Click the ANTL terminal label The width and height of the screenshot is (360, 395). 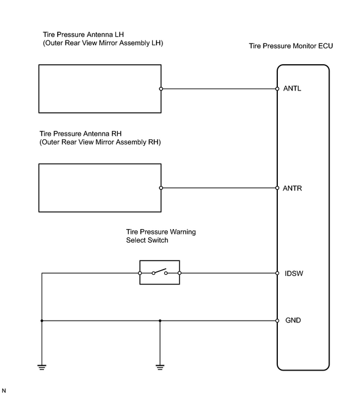[x=292, y=89]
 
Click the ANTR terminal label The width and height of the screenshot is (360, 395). [x=292, y=188]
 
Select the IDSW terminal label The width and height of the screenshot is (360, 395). [x=294, y=273]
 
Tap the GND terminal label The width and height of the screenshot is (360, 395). [x=293, y=320]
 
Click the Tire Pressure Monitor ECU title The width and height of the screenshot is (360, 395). [x=291, y=46]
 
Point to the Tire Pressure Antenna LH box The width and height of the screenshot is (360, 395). [x=39, y=89]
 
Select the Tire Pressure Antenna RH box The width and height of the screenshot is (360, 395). [x=39, y=188]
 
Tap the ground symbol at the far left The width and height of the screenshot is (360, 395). [x=42, y=367]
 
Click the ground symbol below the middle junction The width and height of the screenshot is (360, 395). [x=160, y=367]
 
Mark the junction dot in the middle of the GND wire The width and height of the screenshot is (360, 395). [x=160, y=321]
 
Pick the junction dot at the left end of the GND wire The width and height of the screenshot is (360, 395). [x=42, y=321]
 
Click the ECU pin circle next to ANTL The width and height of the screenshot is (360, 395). [x=277, y=89]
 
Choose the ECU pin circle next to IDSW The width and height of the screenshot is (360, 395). [x=277, y=273]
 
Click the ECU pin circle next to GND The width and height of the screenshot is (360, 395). [x=277, y=321]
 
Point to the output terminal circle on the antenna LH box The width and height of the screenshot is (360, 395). [x=161, y=89]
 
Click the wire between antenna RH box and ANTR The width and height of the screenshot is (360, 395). [x=219, y=188]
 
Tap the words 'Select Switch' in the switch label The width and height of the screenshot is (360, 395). [x=147, y=240]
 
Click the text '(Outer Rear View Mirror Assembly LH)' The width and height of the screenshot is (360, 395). [x=103, y=43]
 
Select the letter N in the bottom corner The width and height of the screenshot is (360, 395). [x=4, y=391]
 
